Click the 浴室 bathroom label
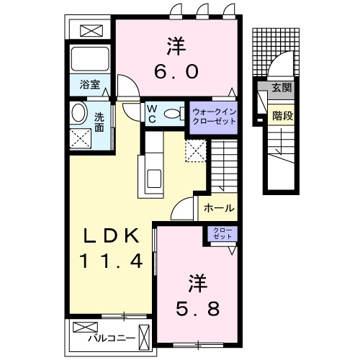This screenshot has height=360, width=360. tap(89, 84)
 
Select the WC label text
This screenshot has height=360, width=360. tap(152, 114)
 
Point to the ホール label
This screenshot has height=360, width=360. tap(218, 208)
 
